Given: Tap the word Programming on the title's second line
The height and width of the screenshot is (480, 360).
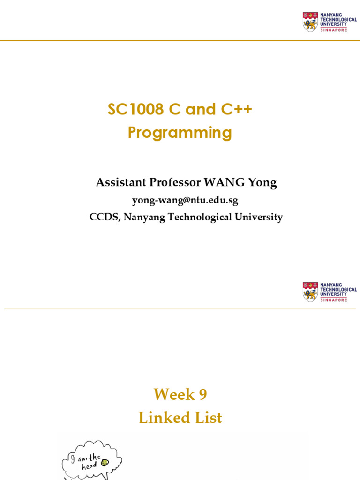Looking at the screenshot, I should coord(180,133).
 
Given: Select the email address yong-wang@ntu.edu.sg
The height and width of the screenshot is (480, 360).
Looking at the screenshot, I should coord(185,201).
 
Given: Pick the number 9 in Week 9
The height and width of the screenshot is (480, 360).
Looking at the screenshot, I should coord(202,395).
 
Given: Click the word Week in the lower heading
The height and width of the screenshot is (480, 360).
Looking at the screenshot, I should coord(174,395).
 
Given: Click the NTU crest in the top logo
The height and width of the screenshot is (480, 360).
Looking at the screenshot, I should coord(310,22).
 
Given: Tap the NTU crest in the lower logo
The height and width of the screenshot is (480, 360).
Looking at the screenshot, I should coord(310,292).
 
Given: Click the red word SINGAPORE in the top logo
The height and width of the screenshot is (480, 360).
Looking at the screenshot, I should coord(334,30).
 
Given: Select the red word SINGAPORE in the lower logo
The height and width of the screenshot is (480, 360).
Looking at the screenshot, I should coord(334,300).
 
